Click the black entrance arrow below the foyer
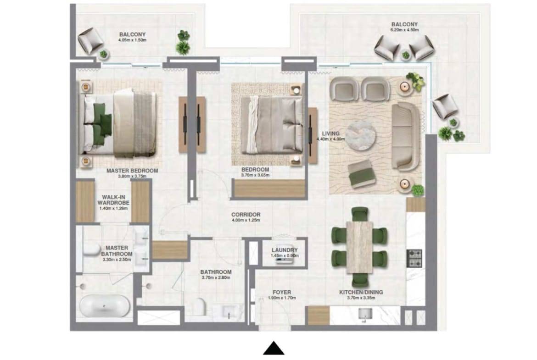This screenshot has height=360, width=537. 274,348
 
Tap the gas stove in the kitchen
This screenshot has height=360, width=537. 414,258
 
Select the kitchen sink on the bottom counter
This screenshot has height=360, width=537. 365,314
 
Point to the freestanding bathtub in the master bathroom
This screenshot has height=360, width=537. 105,305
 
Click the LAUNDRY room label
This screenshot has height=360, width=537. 285,250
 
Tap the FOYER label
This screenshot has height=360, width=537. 282,292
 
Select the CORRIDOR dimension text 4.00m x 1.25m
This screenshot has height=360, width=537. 246,220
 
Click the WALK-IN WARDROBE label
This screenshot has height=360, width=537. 113,200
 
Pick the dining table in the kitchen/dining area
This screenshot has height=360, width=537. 359,247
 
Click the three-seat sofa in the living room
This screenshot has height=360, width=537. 406,136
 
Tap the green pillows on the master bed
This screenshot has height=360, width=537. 102,119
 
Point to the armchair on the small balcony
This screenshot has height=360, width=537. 90,40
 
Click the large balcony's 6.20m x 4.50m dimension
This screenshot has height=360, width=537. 404,30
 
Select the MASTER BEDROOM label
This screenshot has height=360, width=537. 132,171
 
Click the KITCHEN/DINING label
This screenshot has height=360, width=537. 361,292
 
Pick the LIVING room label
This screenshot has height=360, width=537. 331,133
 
